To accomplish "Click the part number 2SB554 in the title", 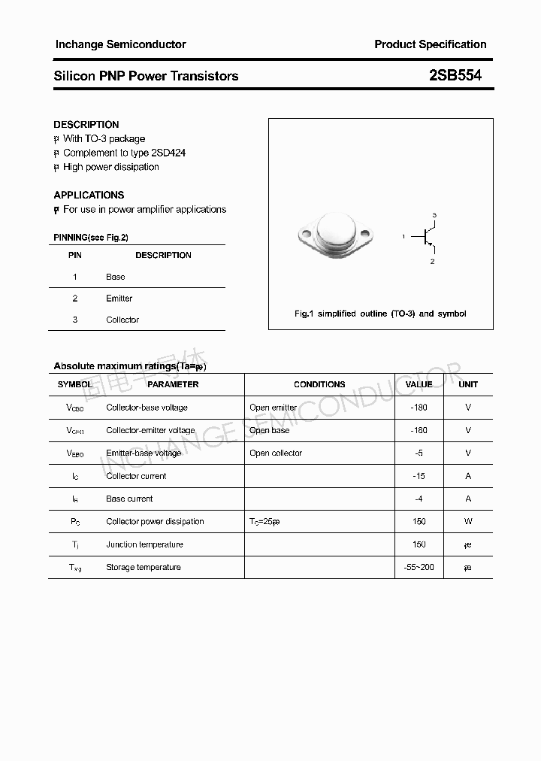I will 455,76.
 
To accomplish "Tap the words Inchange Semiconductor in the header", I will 120,44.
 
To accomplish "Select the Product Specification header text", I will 431,44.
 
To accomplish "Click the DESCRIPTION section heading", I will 86,125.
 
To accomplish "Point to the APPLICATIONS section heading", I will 89,195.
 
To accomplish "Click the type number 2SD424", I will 163,153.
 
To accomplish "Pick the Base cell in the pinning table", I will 116,277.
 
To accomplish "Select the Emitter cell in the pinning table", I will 119,299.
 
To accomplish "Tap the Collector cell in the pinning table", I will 122,320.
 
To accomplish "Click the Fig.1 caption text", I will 380,314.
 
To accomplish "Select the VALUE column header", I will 419,384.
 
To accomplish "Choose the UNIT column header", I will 468,384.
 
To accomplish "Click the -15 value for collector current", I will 419,476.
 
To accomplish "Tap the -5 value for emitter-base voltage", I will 419,453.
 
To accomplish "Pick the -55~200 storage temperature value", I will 419,567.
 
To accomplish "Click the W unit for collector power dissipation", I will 468,521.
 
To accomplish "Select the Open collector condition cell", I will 276,453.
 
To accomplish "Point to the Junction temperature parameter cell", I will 144,544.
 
